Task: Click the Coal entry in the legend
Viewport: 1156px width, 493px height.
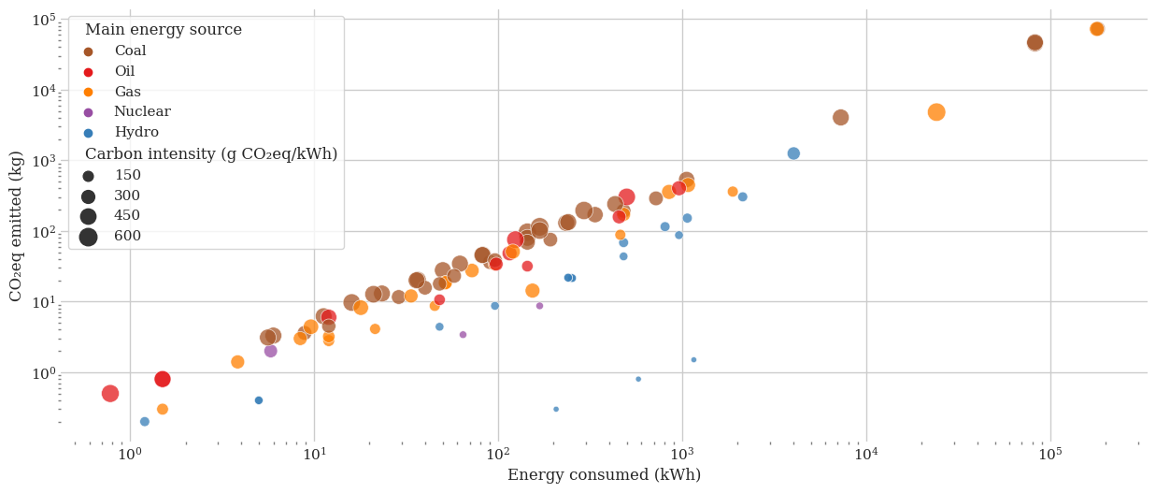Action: pos(130,51)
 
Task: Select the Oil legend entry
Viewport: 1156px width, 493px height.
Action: pos(124,72)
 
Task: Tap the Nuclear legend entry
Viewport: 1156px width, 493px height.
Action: pos(142,112)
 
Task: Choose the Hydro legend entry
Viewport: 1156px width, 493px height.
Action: pos(136,133)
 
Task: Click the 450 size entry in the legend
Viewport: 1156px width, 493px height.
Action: pos(127,216)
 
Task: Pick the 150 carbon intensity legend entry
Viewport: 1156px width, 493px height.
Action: pos(127,176)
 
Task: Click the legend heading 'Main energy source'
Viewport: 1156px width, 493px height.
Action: pos(164,30)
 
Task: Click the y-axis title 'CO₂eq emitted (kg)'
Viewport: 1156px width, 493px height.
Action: pos(16,225)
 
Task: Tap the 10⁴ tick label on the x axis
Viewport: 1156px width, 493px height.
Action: pos(866,455)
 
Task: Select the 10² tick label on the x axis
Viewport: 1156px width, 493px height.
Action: pos(498,455)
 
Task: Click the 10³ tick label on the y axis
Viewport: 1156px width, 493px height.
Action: pos(43,161)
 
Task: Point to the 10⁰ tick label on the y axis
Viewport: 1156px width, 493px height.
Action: pos(43,372)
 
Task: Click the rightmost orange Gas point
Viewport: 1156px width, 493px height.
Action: pos(1097,29)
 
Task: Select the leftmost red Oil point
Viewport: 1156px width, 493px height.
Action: pos(110,394)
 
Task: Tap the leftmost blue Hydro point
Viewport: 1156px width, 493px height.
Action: pos(145,422)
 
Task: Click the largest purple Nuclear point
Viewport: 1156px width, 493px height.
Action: pos(271,351)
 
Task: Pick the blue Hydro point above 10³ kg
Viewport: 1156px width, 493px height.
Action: pos(793,153)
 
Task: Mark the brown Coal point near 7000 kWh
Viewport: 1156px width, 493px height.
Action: pos(841,118)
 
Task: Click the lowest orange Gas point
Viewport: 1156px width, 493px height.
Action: pos(163,410)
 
